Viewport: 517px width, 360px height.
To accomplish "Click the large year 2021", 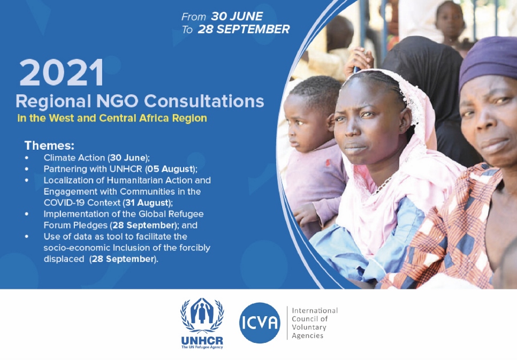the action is (62, 73).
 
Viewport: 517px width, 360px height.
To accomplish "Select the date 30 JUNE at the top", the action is (237, 16).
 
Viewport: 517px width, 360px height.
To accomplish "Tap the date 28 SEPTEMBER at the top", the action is (244, 29).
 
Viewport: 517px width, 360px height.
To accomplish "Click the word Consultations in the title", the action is (204, 101).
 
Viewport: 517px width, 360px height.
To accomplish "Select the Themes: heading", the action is (49, 145).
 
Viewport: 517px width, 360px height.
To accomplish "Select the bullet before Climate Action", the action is (27, 158).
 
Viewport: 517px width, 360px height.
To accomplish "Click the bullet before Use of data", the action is (27, 236).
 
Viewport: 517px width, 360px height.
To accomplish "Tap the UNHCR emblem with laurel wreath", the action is (202, 316).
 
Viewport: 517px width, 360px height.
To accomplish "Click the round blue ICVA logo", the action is (260, 323).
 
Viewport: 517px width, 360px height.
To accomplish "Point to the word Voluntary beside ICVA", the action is (309, 327).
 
